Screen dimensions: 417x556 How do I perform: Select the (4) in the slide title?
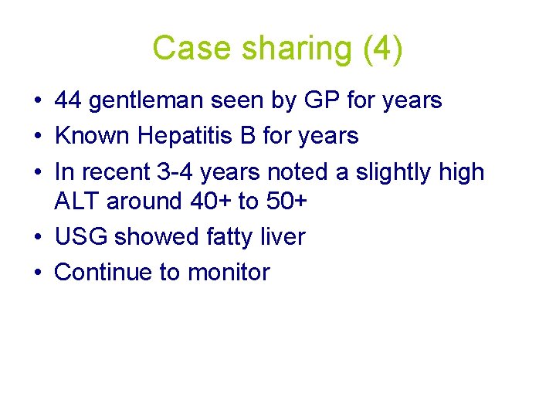click(381, 48)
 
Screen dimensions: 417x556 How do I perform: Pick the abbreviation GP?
click(315, 100)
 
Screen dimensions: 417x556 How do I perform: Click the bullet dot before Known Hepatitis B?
click(38, 137)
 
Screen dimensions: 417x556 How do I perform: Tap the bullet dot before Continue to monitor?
click(38, 273)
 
